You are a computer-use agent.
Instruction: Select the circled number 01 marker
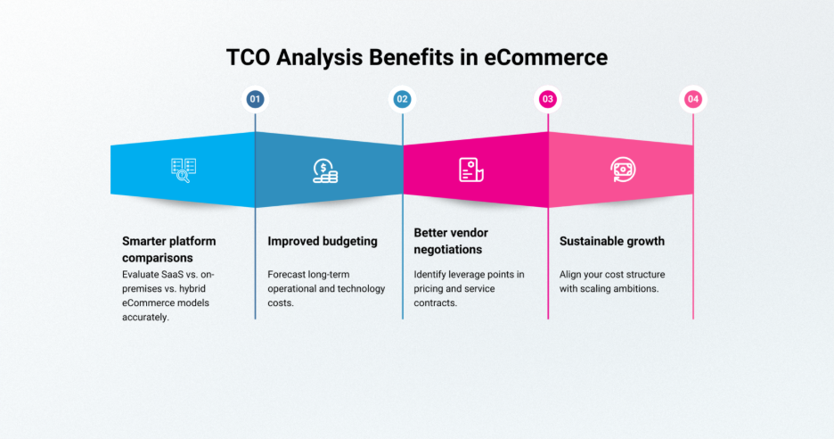[256, 99]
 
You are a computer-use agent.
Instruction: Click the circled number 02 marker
[402, 99]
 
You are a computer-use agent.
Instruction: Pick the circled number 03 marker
[548, 99]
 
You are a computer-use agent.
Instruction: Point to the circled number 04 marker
[693, 99]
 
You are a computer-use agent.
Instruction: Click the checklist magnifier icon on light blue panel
[183, 170]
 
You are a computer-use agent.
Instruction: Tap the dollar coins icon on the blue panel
[325, 170]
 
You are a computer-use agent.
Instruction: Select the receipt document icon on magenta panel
[470, 170]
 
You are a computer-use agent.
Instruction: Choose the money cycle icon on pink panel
[621, 170]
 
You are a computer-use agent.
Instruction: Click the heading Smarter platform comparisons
[168, 249]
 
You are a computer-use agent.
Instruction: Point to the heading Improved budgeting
[322, 241]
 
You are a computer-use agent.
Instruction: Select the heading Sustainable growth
[611, 241]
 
